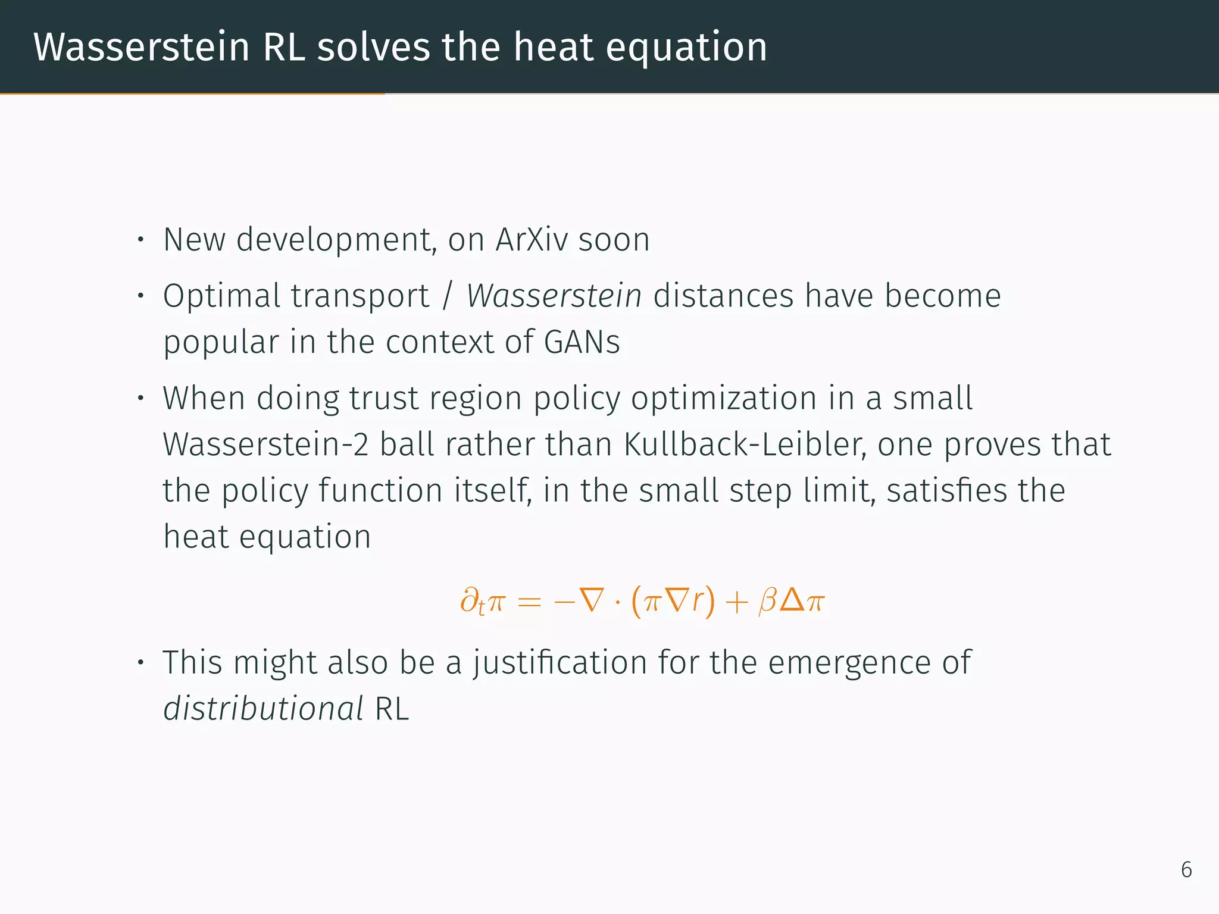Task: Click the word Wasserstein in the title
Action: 141,47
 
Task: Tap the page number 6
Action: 1186,870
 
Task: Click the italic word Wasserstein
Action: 554,296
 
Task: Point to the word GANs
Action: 582,342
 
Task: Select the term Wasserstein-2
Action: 265,445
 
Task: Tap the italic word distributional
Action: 263,709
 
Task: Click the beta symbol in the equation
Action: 767,601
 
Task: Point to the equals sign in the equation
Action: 529,602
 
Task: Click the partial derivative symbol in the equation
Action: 470,600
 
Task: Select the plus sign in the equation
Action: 736,602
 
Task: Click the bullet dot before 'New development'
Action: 140,240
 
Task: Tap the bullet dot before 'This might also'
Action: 140,662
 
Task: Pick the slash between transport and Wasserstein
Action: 448,296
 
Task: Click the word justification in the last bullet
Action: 560,662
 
